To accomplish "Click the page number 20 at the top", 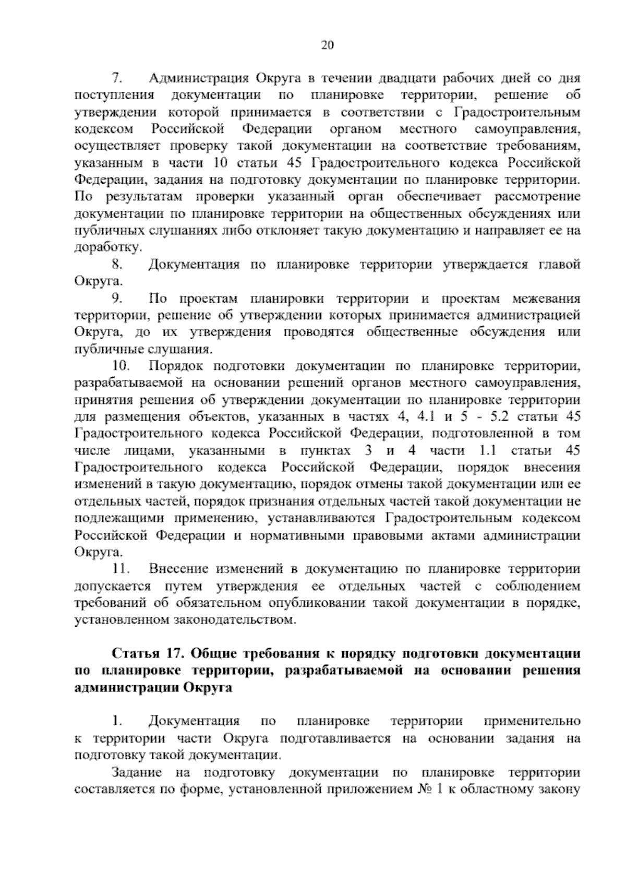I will point(327,45).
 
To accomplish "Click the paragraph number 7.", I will point(117,78).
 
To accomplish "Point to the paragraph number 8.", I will point(117,265).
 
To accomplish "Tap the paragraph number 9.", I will point(117,298).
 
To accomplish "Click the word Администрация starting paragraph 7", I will point(198,78).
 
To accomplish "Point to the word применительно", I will point(532,722).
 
